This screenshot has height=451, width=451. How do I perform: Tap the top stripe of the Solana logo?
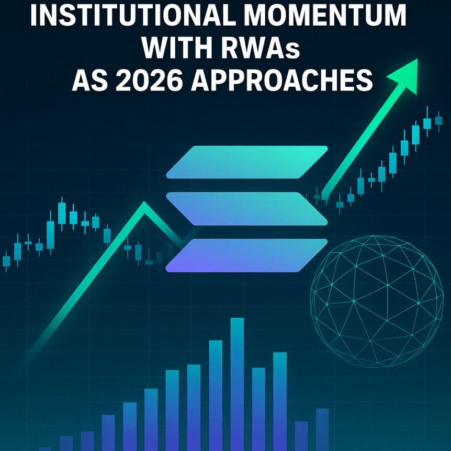(x=246, y=163)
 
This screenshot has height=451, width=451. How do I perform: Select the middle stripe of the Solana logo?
(x=246, y=208)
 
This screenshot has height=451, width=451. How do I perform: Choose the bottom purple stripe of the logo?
(x=246, y=255)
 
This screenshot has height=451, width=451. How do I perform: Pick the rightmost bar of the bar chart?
(x=322, y=429)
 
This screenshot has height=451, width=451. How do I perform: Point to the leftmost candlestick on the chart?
(x=6, y=260)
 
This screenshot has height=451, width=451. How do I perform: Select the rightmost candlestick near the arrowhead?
(x=438, y=120)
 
